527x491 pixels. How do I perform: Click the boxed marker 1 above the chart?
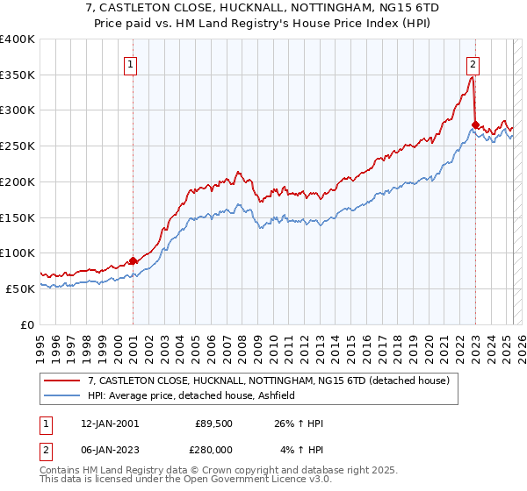(x=130, y=63)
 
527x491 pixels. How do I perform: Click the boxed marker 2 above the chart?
(x=473, y=63)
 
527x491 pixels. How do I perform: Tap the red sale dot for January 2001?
(x=133, y=260)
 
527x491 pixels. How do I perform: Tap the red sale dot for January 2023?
(x=475, y=125)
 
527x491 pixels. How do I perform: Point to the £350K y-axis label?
(x=18, y=75)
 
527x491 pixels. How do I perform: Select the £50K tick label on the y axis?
(x=20, y=288)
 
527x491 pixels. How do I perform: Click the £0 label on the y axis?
(x=27, y=324)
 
